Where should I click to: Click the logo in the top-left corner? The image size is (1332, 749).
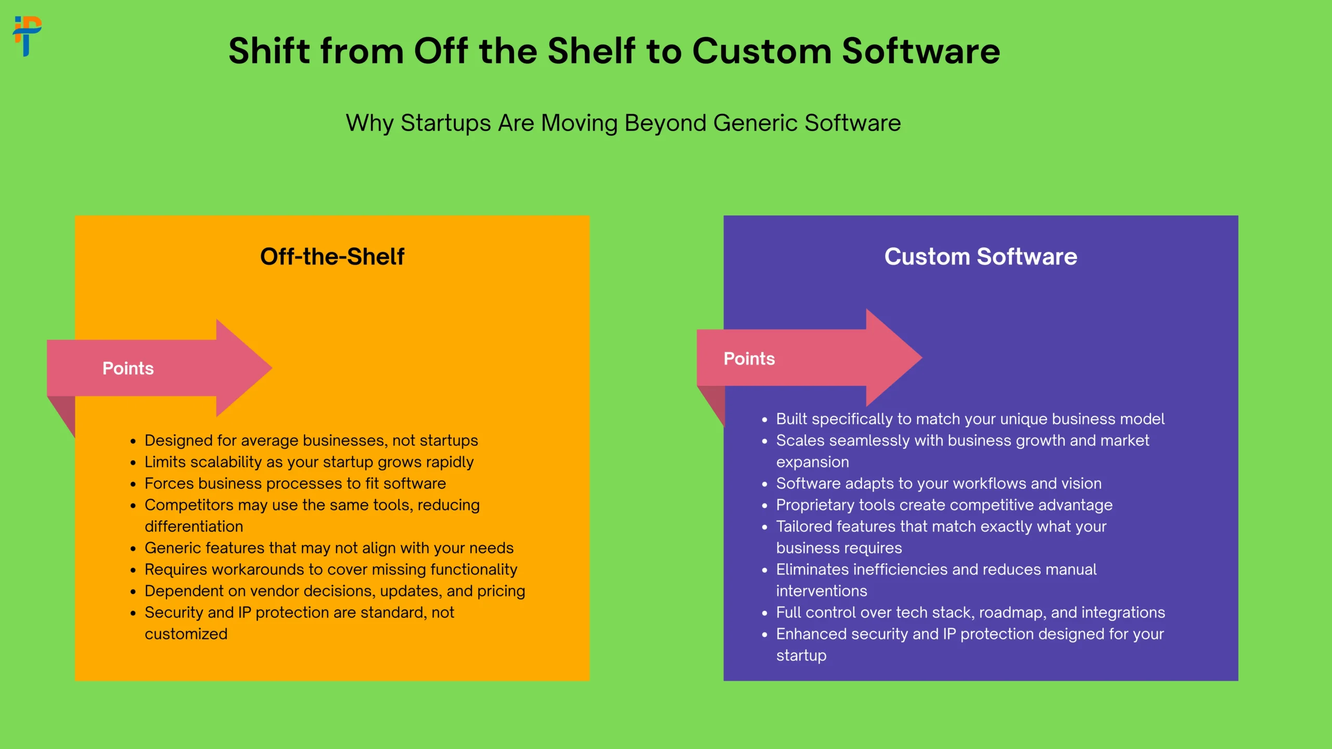27,36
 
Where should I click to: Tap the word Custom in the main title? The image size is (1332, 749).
762,51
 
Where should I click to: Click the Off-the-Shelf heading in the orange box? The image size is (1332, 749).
332,256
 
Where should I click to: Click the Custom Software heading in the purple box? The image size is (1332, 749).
981,256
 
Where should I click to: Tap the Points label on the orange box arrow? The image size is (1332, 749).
128,368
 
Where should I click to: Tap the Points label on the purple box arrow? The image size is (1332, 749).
749,358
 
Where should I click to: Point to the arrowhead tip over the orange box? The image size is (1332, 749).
272,368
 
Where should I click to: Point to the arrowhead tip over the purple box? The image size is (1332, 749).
921,357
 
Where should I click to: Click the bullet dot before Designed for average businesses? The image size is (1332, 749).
133,442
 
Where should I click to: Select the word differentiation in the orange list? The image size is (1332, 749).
194,526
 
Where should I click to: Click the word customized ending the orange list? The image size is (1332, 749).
186,634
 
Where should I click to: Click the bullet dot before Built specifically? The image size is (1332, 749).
764,420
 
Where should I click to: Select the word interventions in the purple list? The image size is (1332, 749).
822,591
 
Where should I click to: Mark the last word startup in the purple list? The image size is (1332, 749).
801,656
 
